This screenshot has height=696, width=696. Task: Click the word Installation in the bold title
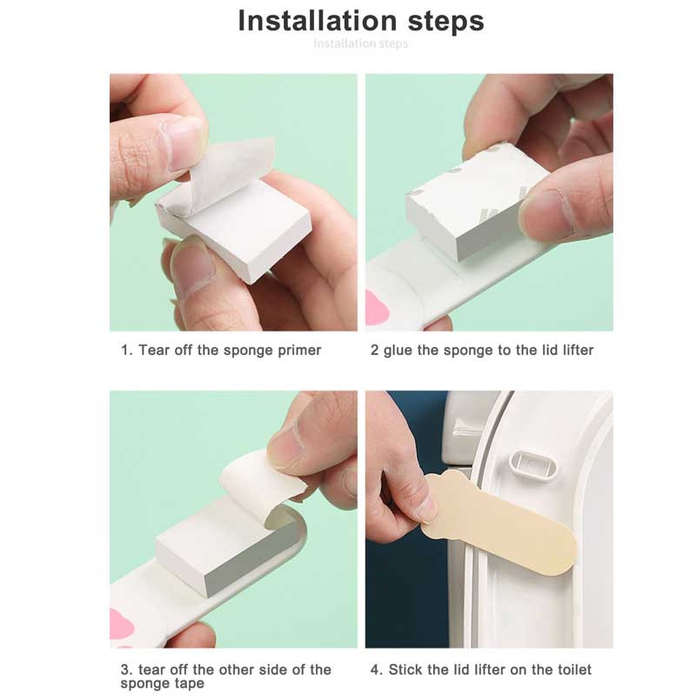click(x=318, y=20)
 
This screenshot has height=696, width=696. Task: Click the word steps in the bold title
click(x=446, y=23)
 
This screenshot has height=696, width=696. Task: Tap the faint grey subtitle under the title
click(x=361, y=43)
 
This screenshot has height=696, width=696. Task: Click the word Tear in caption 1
click(x=154, y=350)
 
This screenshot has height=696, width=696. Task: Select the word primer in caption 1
click(x=299, y=351)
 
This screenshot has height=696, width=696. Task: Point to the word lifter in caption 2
click(x=578, y=350)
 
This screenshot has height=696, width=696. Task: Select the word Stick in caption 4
click(x=405, y=669)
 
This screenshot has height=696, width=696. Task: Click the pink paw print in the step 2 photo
click(x=377, y=309)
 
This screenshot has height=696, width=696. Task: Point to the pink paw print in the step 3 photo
click(x=121, y=624)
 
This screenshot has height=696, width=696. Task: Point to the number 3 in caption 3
click(x=124, y=669)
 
